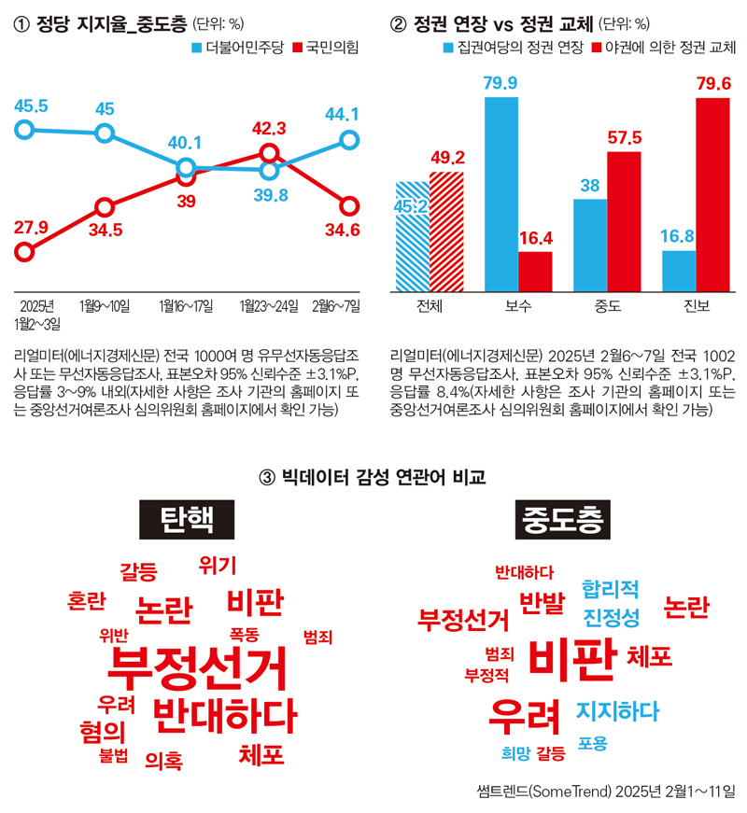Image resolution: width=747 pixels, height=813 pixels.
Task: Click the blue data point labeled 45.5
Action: coord(25,129)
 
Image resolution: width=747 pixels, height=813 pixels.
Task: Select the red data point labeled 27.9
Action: coord(25,251)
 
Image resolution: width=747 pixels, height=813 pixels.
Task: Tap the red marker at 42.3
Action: coord(269,152)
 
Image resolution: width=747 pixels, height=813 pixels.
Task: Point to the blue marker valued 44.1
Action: coord(349,139)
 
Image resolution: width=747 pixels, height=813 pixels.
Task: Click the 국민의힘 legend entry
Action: coord(326,47)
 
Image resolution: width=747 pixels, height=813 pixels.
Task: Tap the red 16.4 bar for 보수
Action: coord(535,271)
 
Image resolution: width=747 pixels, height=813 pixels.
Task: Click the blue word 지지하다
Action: coord(617,711)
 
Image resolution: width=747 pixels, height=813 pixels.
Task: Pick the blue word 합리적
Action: coord(610,588)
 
